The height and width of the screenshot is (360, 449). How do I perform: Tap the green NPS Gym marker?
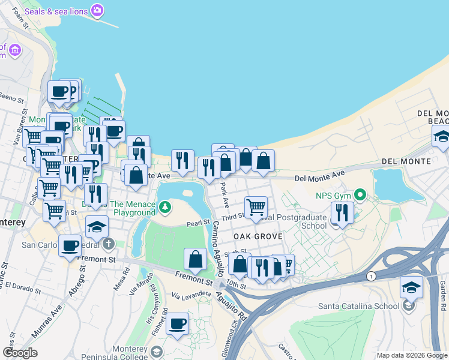point(360,195)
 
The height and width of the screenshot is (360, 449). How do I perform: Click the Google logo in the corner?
point(20,352)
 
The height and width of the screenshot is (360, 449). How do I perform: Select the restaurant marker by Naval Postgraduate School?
point(342,212)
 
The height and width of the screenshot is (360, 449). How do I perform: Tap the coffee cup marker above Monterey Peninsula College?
point(177,324)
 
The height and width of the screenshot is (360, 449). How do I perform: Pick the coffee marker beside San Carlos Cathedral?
point(70,245)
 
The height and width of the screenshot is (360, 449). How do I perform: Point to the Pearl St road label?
point(197,224)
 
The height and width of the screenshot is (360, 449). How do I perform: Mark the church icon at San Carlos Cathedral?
point(108,244)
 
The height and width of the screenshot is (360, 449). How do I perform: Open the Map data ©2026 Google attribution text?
point(412,355)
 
